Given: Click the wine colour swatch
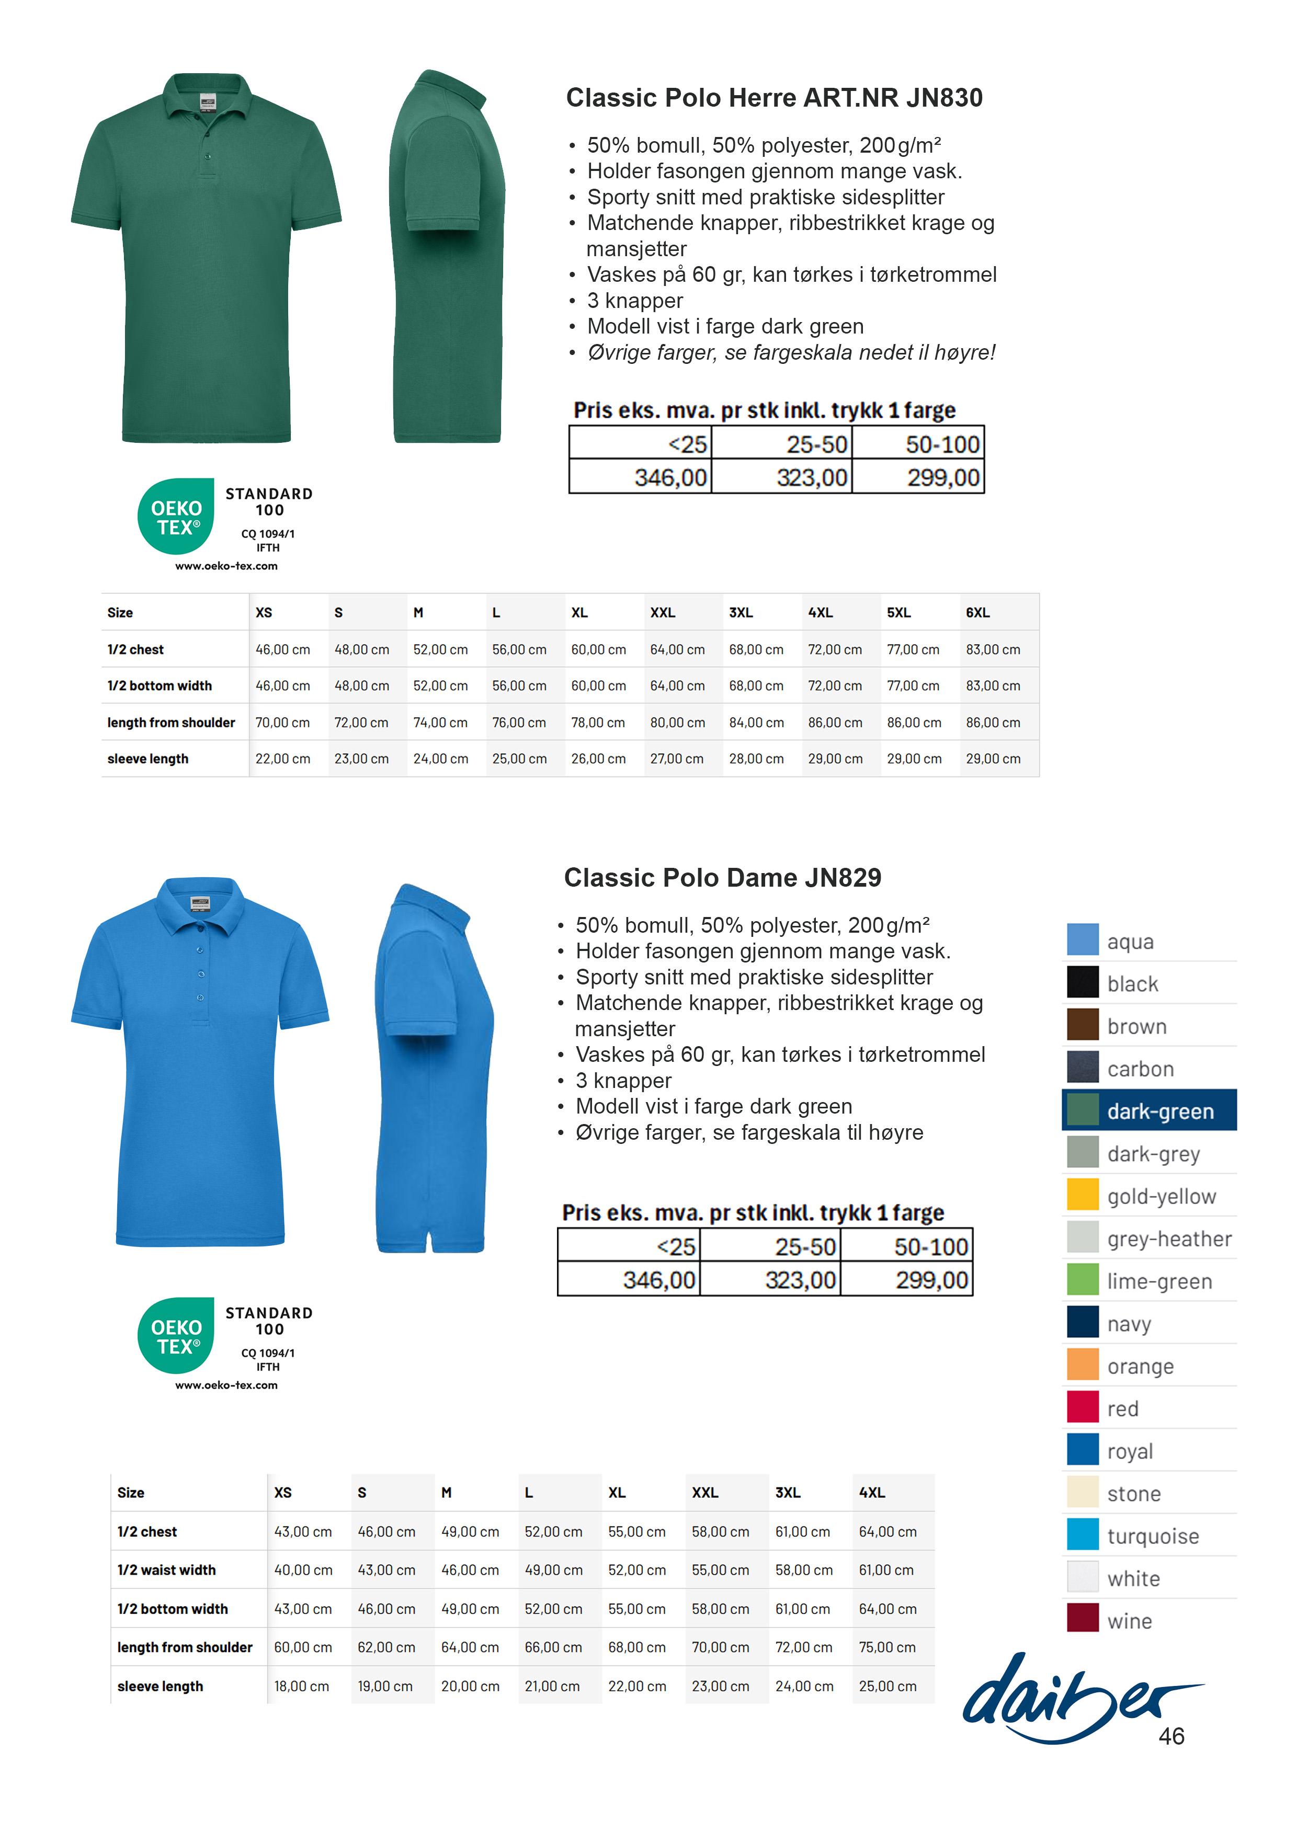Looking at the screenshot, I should pyautogui.click(x=1082, y=1618).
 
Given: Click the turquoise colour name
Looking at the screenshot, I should pyautogui.click(x=1152, y=1536).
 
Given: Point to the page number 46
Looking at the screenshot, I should pyautogui.click(x=1171, y=1736).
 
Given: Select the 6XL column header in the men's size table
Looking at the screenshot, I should pyautogui.click(x=977, y=613).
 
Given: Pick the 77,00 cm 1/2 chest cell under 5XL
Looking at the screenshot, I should pyautogui.click(x=914, y=649).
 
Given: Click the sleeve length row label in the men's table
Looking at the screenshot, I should pyautogui.click(x=148, y=759).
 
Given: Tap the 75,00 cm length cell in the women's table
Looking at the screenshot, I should pyautogui.click(x=887, y=1647).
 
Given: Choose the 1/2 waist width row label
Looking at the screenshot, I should pyautogui.click(x=166, y=1569).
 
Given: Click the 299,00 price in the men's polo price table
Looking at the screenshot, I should pyautogui.click(x=943, y=478).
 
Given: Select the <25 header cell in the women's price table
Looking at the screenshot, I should pyautogui.click(x=675, y=1247).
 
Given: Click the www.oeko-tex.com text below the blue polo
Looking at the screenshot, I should pyautogui.click(x=226, y=1386).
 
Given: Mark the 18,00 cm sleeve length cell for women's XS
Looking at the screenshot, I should pyautogui.click(x=301, y=1686).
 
